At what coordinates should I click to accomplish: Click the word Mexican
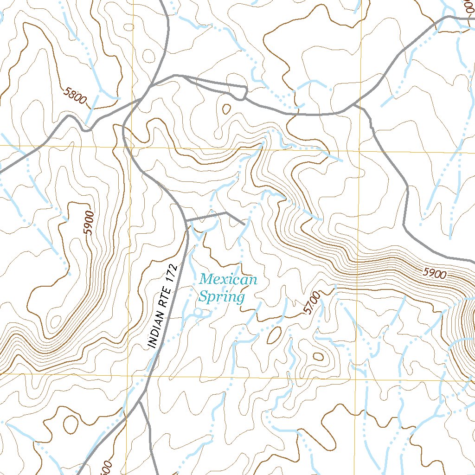(x=228, y=280)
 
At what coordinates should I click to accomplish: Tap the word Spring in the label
(x=221, y=296)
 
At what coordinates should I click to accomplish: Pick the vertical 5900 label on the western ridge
(x=90, y=223)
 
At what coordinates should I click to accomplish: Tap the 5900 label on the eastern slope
(x=435, y=274)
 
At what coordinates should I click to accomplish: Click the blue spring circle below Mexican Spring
(x=198, y=313)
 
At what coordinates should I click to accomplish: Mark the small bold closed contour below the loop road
(x=226, y=109)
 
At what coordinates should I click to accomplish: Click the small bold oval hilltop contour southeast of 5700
(x=318, y=356)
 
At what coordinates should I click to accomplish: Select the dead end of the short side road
(x=244, y=224)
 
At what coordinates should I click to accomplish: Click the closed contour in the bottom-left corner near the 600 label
(x=71, y=424)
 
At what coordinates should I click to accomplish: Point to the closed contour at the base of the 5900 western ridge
(x=56, y=321)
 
